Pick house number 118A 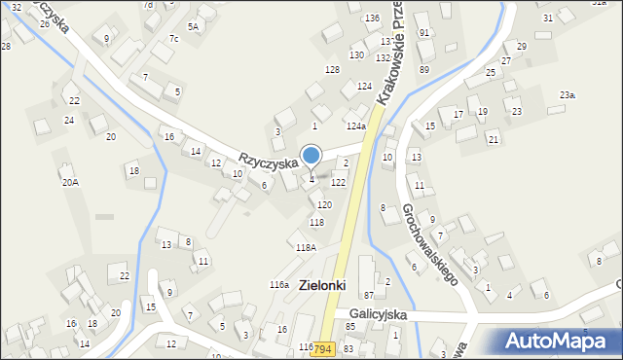point(306,248)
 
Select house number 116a point(279,284)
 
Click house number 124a point(356,126)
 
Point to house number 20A point(70,182)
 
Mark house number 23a point(568,94)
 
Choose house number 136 point(372,18)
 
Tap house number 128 point(332,70)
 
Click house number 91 point(423,33)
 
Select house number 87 point(369,295)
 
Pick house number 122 point(338,183)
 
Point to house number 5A point(193,26)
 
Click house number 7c point(173,39)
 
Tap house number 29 point(522,47)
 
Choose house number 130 point(357,54)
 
